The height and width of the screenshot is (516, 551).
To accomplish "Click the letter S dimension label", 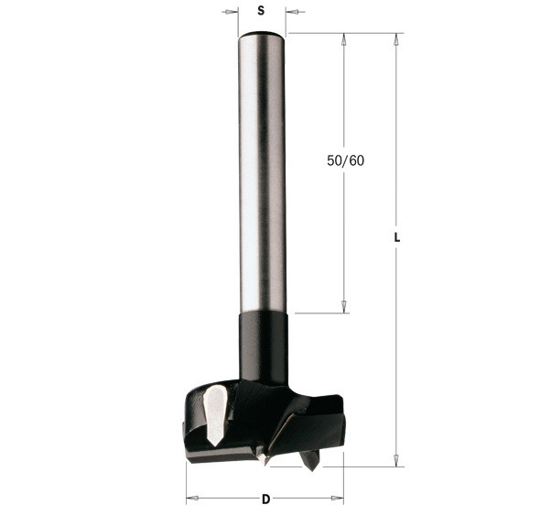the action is pos(261,11).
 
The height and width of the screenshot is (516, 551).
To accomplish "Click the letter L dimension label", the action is pos(396,237).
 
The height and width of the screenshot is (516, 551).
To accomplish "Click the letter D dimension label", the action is pos(266,499).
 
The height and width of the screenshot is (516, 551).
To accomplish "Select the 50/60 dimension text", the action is pos(345,160).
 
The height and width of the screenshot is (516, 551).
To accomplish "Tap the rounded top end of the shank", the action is pos(262,35).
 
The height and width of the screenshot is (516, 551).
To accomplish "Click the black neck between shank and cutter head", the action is pos(264,347).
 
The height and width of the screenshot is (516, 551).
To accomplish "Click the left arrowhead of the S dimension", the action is pos(231,12).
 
